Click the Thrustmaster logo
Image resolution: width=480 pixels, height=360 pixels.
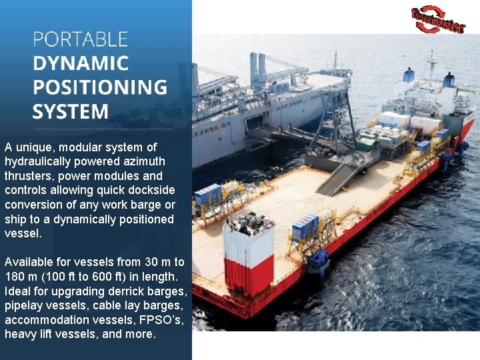(x=438, y=19)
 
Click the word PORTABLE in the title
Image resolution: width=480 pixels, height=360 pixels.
(x=80, y=39)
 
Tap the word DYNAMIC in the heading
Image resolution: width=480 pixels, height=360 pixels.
(x=80, y=63)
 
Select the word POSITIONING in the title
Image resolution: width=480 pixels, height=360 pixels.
(x=99, y=87)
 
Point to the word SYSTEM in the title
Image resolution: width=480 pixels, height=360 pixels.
(x=70, y=111)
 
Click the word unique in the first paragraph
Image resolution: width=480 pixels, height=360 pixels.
(x=35, y=147)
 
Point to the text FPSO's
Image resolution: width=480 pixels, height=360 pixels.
(x=161, y=320)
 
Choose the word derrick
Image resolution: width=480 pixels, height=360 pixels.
(x=127, y=291)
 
